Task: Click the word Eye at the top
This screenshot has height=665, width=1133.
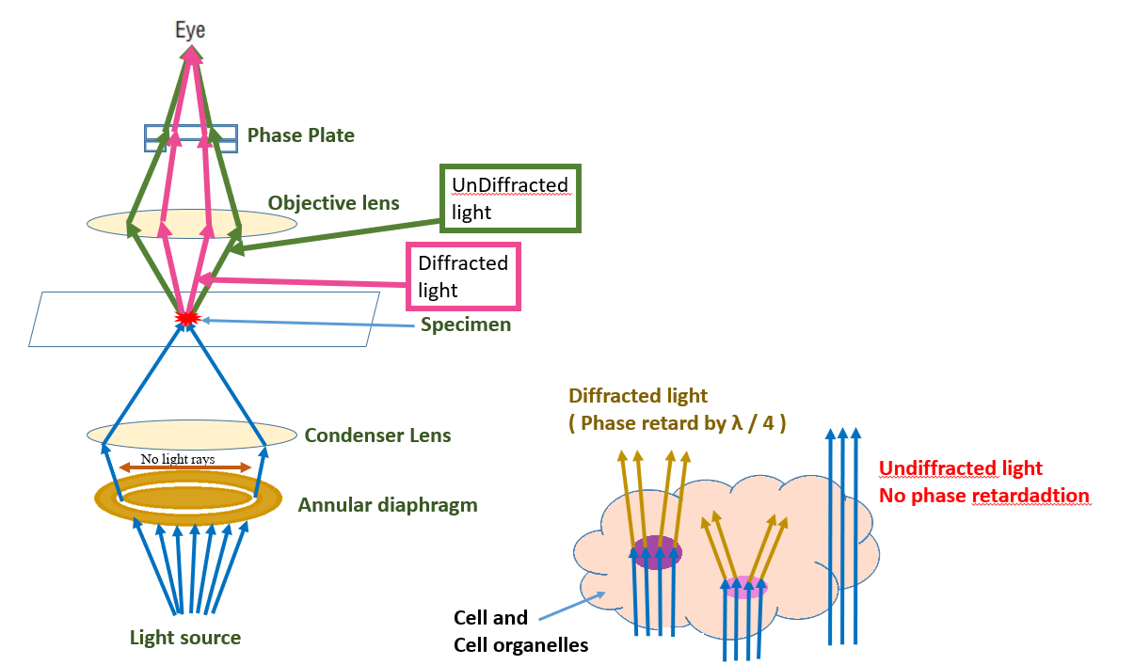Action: pyautogui.click(x=190, y=30)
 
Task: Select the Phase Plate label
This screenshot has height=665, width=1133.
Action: pyautogui.click(x=300, y=135)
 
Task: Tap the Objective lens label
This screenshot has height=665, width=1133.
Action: pyautogui.click(x=333, y=202)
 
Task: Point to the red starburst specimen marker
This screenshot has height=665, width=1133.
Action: pyautogui.click(x=187, y=319)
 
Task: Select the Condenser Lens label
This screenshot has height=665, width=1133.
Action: pyautogui.click(x=377, y=435)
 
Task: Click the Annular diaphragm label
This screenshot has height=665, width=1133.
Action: pyautogui.click(x=388, y=505)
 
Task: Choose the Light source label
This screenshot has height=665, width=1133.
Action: pyautogui.click(x=184, y=638)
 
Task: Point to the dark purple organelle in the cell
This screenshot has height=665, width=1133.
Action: pyautogui.click(x=657, y=552)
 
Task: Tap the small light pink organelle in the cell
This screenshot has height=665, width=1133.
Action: pyautogui.click(x=744, y=588)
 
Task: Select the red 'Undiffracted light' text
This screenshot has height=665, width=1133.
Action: pyautogui.click(x=959, y=467)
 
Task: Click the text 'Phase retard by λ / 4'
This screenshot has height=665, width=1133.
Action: pyautogui.click(x=678, y=423)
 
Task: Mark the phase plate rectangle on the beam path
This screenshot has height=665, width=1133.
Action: pyautogui.click(x=189, y=138)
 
